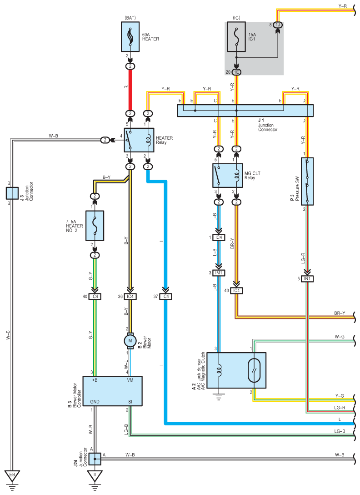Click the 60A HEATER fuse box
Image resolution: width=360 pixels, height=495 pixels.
pos(130,36)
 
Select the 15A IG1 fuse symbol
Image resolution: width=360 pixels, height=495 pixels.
pos(236,36)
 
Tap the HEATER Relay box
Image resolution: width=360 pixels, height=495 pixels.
pos(139,140)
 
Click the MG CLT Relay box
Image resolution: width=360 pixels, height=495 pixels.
pos(227,176)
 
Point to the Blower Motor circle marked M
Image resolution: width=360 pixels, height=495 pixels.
pos(130,341)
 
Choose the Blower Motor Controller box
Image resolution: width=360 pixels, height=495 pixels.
pos(112,391)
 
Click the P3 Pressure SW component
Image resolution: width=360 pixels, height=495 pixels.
pos(307,182)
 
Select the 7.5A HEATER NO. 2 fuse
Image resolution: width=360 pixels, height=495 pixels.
pos(95,226)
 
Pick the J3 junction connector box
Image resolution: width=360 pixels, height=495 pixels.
pos(12,193)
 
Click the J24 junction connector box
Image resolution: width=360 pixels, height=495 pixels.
pos(95,459)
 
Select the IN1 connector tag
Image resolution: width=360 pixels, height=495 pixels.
pos(307,279)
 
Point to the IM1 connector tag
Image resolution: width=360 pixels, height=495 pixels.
pos(219,273)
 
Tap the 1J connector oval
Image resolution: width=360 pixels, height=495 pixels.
pos(278,25)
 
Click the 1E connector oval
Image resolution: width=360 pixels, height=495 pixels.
pos(236,72)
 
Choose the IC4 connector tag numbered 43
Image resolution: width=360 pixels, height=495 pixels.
pos(236,290)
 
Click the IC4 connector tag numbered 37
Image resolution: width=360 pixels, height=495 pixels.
pos(165,297)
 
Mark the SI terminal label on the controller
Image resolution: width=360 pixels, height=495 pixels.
pos(130,402)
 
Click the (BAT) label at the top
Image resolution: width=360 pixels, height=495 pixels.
pos(130,18)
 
